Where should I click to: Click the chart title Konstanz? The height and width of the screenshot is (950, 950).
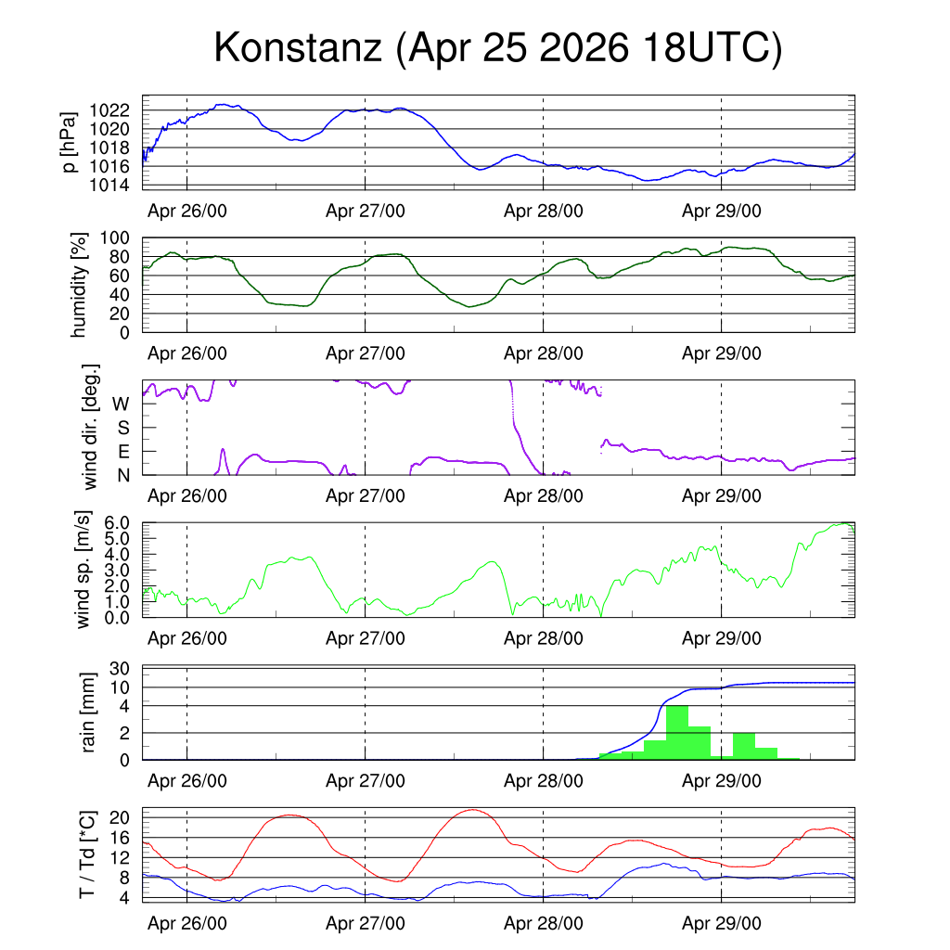[x=298, y=47]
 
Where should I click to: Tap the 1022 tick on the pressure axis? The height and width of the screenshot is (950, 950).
[x=109, y=110]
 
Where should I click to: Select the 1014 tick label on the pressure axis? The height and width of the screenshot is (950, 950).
[x=109, y=185]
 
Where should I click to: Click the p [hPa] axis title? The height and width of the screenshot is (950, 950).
[x=69, y=142]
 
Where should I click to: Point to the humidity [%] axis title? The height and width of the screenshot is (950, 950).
[x=79, y=285]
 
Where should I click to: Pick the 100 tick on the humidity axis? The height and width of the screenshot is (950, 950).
[x=115, y=238]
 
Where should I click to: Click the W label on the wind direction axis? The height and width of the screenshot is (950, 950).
[x=122, y=404]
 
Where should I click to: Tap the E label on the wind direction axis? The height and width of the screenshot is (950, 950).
[x=123, y=452]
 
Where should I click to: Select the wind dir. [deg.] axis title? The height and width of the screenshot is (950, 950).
[x=90, y=427]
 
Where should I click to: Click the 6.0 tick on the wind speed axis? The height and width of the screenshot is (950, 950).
[x=117, y=523]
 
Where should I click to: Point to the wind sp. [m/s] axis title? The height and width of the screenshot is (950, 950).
[x=83, y=570]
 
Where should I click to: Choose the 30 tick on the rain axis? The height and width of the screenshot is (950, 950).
[x=120, y=669]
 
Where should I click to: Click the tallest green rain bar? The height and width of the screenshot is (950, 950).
[x=676, y=733]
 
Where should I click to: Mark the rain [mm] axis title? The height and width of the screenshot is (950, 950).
[x=88, y=712]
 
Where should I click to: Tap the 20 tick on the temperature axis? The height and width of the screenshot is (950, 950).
[x=120, y=818]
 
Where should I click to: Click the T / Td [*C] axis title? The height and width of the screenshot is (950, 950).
[x=87, y=854]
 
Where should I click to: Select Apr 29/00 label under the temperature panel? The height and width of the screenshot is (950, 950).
[x=722, y=923]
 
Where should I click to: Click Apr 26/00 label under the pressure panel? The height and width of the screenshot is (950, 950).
[x=187, y=211]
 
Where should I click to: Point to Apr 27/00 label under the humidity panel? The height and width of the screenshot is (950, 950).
[x=366, y=353]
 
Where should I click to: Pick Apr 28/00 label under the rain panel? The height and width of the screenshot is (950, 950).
[x=544, y=781]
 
